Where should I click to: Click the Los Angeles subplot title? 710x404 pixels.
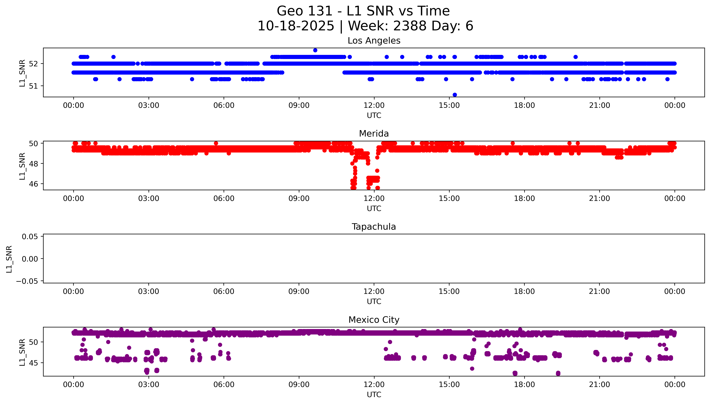pyautogui.click(x=374, y=41)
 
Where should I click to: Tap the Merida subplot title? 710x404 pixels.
pyautogui.click(x=374, y=134)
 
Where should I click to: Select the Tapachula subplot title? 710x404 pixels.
pyautogui.click(x=374, y=227)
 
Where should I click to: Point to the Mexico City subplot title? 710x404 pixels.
pyautogui.click(x=374, y=320)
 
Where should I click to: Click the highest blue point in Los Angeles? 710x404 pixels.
pyautogui.click(x=315, y=50)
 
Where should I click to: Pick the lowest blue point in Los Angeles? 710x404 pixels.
pyautogui.click(x=455, y=95)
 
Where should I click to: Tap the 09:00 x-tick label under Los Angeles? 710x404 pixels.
pyautogui.click(x=299, y=105)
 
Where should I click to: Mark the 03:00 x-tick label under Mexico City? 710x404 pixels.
pyautogui.click(x=149, y=385)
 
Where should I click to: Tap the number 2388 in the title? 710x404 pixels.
pyautogui.click(x=410, y=26)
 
